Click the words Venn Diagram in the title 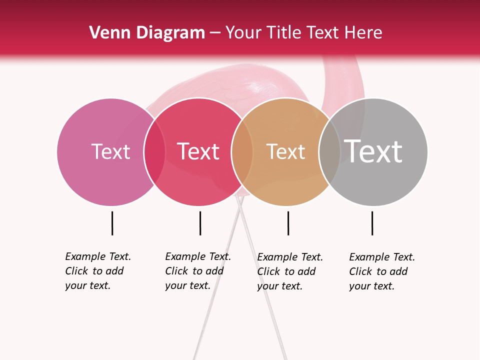pos(147,33)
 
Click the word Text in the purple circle pos(110,151)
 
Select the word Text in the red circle pos(198,151)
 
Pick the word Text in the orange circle pos(285,151)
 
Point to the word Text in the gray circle pos(373,151)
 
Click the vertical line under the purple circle pos(112,223)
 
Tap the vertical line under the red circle pos(200,223)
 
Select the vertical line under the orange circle pos(288,223)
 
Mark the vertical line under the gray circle pos(372,223)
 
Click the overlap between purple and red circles pos(154,152)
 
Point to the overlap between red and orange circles pos(242,152)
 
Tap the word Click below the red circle pos(177,271)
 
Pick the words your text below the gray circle pos(371,286)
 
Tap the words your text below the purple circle pos(87,285)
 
